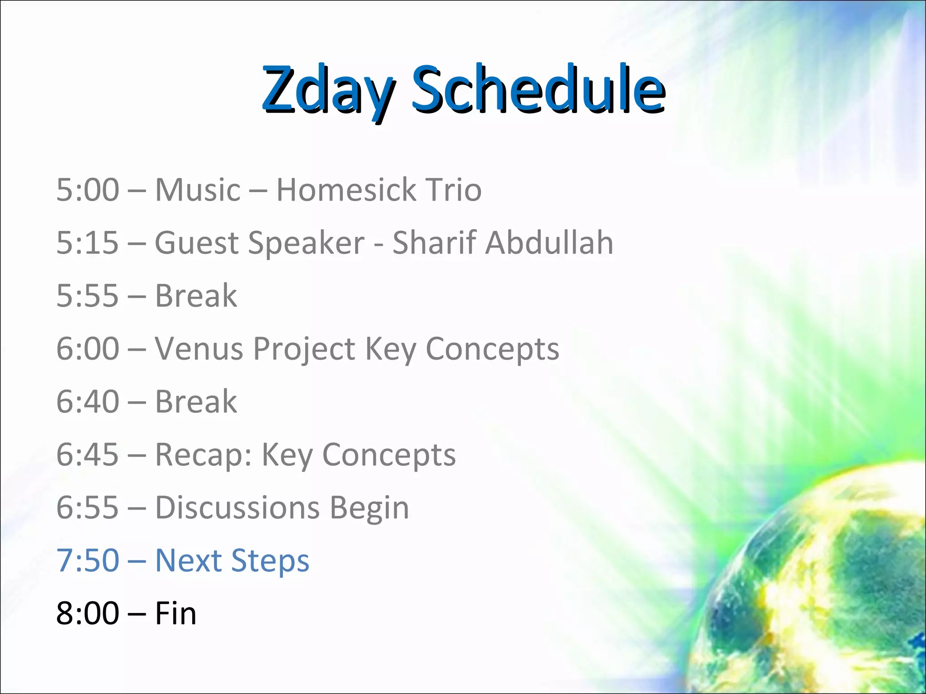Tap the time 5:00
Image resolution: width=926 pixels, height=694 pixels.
click(x=88, y=190)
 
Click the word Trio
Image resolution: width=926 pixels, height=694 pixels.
click(x=454, y=190)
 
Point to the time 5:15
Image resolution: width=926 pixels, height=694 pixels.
click(x=88, y=243)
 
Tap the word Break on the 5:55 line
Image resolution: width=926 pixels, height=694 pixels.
click(x=196, y=296)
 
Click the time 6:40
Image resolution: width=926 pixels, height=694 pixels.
click(x=88, y=402)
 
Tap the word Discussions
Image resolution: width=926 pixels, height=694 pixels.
click(x=237, y=508)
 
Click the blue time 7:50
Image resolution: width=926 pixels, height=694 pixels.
click(x=88, y=561)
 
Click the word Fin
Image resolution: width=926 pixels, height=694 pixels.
click(x=175, y=614)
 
